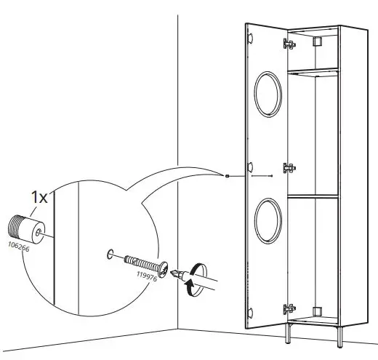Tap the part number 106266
[x=18, y=245]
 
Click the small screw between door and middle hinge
[x=270, y=175]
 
